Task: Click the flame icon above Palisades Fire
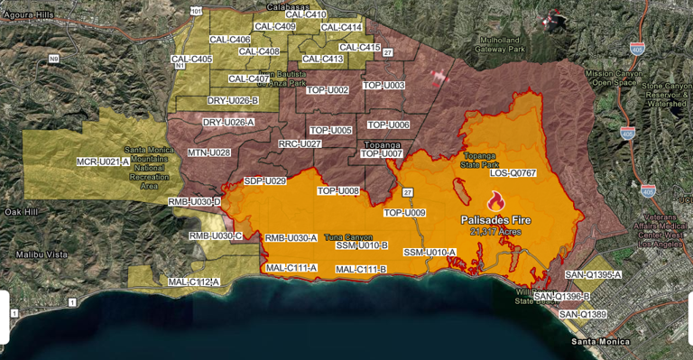(494, 201)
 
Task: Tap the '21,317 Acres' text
(494, 231)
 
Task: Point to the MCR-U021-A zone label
(97, 162)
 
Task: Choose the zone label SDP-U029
(264, 181)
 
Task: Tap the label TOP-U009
(404, 213)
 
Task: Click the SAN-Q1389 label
(582, 314)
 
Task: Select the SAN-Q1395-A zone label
(593, 273)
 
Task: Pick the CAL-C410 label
(305, 14)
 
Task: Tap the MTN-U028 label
(208, 152)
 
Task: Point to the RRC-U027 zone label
(300, 143)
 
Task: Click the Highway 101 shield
(196, 13)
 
